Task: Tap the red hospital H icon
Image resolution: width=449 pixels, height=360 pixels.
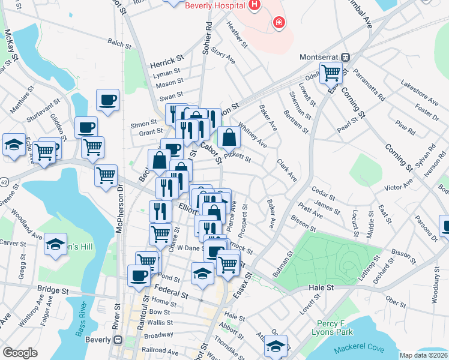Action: [254, 5]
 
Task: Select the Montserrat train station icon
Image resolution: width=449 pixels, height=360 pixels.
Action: [346, 58]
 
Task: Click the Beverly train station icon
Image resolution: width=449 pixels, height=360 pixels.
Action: [118, 340]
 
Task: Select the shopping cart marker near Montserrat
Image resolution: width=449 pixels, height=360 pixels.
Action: [331, 73]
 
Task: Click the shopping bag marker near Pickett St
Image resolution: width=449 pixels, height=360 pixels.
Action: [229, 137]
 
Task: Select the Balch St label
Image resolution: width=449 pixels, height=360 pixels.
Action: [119, 43]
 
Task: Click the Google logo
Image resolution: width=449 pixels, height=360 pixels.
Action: [20, 353]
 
